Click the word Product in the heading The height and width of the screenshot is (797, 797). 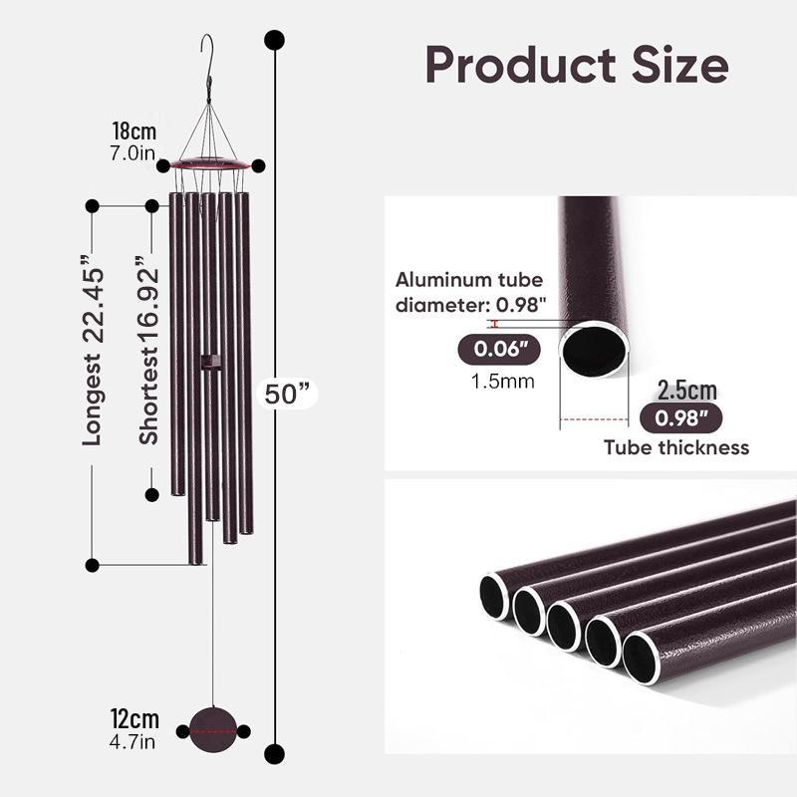520,65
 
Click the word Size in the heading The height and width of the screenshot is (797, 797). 680,65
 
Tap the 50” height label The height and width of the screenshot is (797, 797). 287,394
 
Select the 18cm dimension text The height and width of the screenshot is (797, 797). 134,132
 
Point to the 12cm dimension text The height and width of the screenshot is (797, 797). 134,718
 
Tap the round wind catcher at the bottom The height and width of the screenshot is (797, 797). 213,730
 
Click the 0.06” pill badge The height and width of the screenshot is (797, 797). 499,350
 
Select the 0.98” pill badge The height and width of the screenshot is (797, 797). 680,418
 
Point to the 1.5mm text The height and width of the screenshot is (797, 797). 503,382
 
